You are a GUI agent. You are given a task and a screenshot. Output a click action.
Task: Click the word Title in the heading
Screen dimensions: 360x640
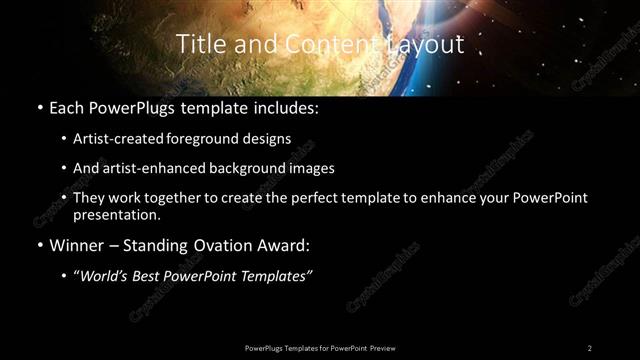click(x=197, y=44)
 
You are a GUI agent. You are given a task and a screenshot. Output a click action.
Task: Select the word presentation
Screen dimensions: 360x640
click(x=115, y=214)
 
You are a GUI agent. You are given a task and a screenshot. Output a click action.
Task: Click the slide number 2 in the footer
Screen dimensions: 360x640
click(x=589, y=347)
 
